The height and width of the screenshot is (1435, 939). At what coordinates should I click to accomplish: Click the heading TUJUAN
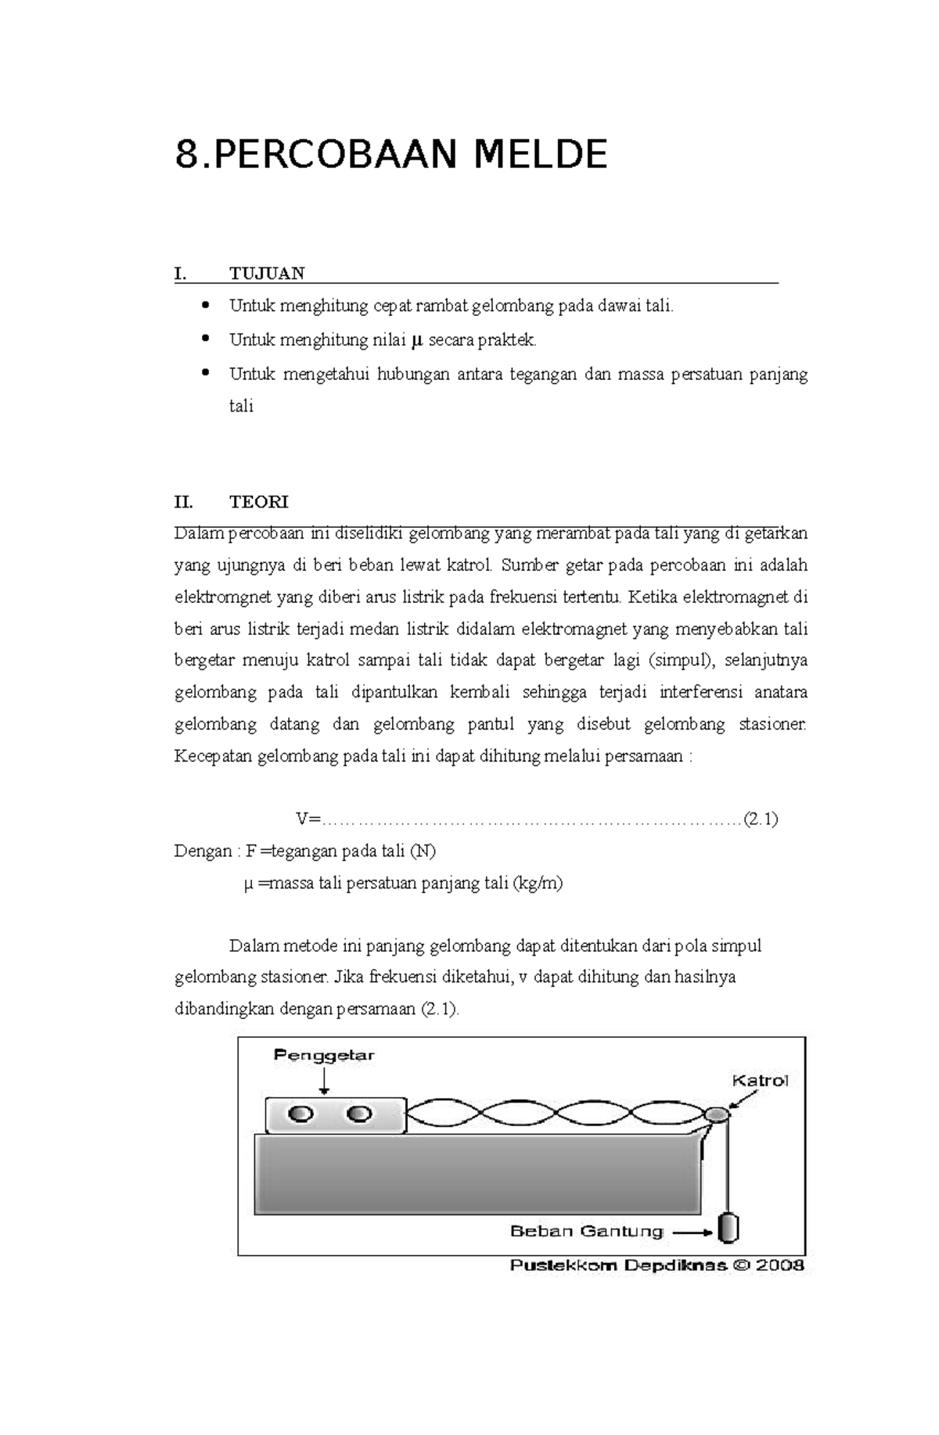(x=267, y=273)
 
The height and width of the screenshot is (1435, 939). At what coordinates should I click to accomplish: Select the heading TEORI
(x=259, y=501)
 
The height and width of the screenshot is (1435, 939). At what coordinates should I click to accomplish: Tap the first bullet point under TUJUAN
(x=207, y=305)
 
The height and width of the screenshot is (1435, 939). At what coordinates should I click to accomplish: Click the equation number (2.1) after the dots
(x=760, y=819)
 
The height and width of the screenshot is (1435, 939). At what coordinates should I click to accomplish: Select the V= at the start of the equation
(x=308, y=819)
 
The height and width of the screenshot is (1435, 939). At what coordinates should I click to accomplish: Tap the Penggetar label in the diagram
(x=324, y=1055)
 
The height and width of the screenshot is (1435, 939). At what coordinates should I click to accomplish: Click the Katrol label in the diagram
(x=759, y=1081)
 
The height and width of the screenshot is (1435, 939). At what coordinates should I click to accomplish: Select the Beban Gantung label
(x=586, y=1230)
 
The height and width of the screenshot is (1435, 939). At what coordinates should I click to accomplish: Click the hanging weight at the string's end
(x=729, y=1227)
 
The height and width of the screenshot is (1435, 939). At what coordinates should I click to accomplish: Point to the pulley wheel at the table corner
(x=717, y=1114)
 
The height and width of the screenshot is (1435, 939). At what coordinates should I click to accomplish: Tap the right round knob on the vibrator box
(x=359, y=1114)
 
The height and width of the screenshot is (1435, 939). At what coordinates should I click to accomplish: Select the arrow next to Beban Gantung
(x=693, y=1232)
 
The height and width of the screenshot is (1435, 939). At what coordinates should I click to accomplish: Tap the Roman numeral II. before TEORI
(x=183, y=501)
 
